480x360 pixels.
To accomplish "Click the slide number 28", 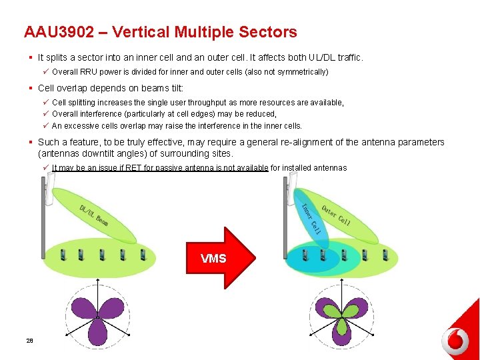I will pyautogui.click(x=29, y=341).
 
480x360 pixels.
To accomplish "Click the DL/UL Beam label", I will pyautogui.click(x=94, y=215).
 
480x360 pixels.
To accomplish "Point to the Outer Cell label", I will pyautogui.click(x=336, y=215).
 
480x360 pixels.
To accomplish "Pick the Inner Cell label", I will pyautogui.click(x=312, y=218).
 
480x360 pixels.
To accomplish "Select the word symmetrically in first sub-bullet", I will pyautogui.click(x=304, y=71).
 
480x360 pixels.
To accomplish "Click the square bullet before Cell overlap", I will pyautogui.click(x=31, y=88).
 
